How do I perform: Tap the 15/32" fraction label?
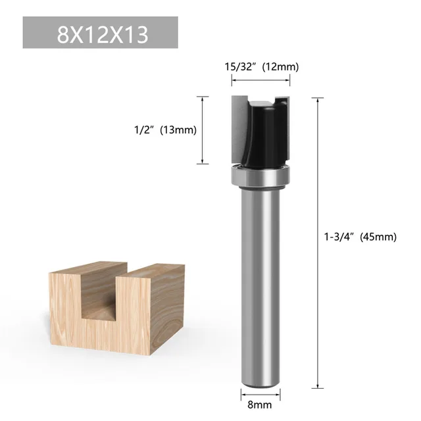pos(238,66)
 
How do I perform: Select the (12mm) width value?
pos(280,66)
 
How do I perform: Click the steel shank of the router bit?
pos(260,276)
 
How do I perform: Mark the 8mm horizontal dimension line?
pos(260,395)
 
